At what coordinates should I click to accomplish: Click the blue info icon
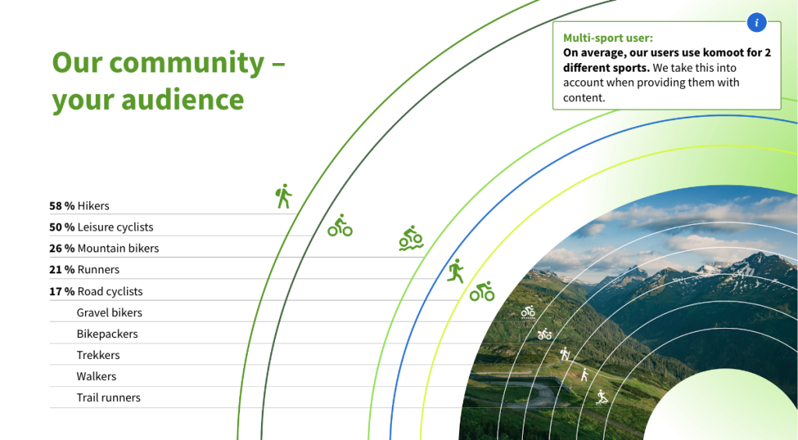(x=756, y=23)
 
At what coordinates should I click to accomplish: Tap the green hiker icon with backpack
(x=284, y=196)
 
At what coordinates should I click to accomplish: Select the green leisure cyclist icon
(x=340, y=225)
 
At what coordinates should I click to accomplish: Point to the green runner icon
(x=456, y=270)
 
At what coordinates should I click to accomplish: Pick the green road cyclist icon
(x=482, y=291)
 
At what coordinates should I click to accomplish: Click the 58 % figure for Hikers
(x=62, y=206)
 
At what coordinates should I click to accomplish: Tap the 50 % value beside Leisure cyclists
(x=62, y=227)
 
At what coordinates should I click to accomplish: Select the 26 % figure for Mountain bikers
(x=62, y=248)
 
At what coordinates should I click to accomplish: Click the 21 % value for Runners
(x=62, y=269)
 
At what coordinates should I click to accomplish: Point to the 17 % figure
(x=62, y=291)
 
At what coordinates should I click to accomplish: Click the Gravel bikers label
(x=109, y=313)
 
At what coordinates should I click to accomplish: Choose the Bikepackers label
(x=108, y=334)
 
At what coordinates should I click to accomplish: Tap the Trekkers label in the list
(x=98, y=355)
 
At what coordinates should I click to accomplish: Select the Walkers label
(x=97, y=376)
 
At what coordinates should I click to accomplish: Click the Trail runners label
(x=108, y=398)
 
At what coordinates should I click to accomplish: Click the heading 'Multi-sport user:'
(x=608, y=38)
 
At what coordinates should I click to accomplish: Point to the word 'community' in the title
(x=186, y=63)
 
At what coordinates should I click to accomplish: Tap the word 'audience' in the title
(x=182, y=99)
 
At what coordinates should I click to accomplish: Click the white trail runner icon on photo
(x=602, y=396)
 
